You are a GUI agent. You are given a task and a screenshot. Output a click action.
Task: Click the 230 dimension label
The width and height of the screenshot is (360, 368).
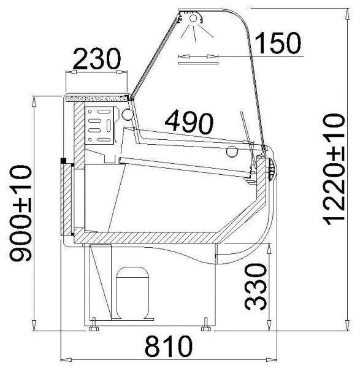(x=97, y=59)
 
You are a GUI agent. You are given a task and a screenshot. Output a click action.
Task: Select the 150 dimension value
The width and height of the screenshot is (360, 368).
(x=277, y=43)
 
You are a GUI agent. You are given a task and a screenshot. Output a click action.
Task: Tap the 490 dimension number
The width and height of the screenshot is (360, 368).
(x=189, y=122)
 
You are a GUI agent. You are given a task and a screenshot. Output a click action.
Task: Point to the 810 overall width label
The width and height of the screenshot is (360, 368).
(x=168, y=346)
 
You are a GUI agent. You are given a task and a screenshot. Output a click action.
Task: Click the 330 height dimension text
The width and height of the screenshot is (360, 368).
(x=256, y=286)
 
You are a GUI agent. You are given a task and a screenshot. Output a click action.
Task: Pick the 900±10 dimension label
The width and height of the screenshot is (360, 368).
(x=20, y=213)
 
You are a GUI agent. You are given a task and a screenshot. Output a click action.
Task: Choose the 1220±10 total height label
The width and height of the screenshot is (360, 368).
(x=334, y=169)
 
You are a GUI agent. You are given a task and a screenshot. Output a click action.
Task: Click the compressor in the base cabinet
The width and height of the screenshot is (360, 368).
(x=132, y=293)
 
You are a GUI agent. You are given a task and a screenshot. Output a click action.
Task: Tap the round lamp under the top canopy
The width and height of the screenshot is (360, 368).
(x=193, y=18)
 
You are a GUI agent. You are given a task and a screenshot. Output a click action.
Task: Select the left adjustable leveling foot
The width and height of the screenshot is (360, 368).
(x=94, y=324)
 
